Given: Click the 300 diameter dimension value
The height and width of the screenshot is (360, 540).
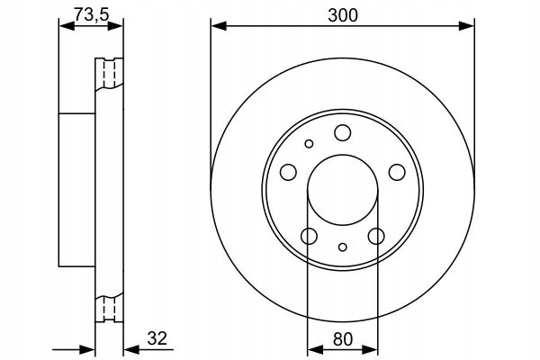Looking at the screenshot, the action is click(x=343, y=15).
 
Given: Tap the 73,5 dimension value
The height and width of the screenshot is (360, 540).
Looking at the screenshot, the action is click(x=92, y=14).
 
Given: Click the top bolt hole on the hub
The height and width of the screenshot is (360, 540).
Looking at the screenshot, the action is click(x=342, y=132).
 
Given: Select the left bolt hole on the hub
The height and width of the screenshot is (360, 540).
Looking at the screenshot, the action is click(x=288, y=172).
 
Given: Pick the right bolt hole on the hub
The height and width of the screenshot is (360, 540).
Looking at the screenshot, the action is click(x=397, y=172).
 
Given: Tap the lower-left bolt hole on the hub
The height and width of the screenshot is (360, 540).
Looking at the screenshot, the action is click(x=309, y=236).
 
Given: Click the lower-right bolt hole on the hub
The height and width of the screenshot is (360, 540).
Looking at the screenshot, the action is click(x=376, y=236).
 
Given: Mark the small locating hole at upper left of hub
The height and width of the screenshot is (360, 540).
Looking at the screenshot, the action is click(x=309, y=144).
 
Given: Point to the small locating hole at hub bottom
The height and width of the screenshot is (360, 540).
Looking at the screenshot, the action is click(x=342, y=247).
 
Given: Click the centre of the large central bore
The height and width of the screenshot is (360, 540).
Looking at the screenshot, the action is click(x=343, y=190).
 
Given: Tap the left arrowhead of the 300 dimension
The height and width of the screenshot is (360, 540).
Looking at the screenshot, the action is click(x=219, y=25).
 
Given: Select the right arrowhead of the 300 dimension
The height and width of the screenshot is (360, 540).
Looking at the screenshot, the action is click(x=466, y=25).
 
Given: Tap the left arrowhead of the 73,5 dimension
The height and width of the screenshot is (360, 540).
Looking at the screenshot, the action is click(x=67, y=25).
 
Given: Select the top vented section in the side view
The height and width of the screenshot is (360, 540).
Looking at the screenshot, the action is click(x=109, y=74).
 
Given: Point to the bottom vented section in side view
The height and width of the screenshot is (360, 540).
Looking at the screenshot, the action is click(x=109, y=308).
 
